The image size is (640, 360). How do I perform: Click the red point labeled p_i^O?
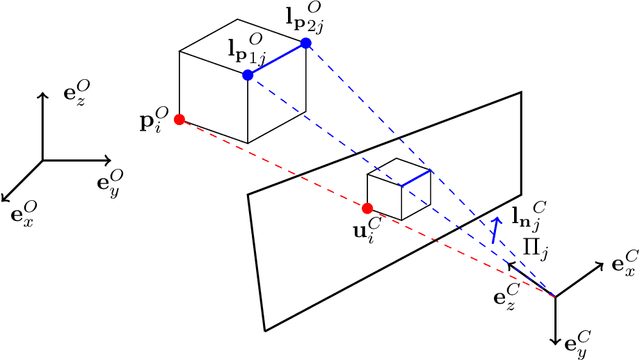click(179, 120)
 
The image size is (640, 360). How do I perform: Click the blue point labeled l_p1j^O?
click(247, 75)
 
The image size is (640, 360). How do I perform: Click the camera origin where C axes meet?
click(555, 296)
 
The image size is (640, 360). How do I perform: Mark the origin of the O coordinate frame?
click(41, 159)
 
